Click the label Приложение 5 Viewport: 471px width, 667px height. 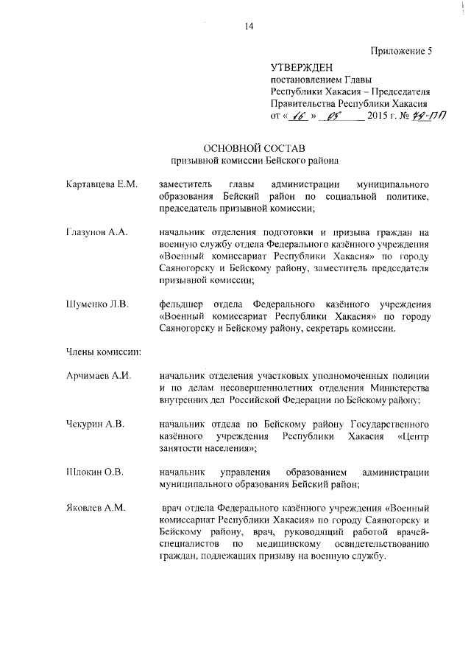click(400, 50)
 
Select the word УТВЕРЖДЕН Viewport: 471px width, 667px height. click(297, 68)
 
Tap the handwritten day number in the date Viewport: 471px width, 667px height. click(298, 115)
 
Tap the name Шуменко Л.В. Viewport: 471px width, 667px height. click(97, 303)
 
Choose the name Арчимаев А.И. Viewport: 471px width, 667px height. click(98, 376)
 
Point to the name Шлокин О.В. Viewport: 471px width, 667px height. click(94, 471)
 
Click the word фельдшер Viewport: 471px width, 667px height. click(180, 303)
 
